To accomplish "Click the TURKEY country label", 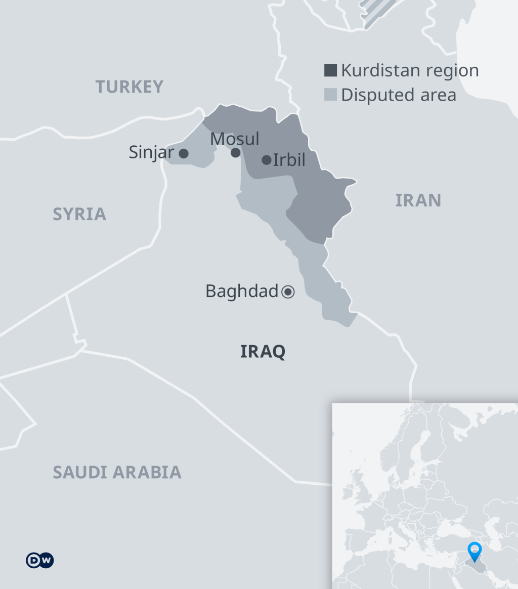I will pos(129,87).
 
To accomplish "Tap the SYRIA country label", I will pos(79,214).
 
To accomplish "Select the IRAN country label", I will pos(418,201).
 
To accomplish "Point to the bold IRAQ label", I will pos(263,351).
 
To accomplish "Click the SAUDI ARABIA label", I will pos(117,472).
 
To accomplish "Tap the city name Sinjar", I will pos(151,152).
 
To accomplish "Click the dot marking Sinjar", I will pos(184,153).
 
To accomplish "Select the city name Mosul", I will pos(235,139).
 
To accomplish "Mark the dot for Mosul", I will pos(236,152).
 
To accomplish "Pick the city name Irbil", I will pos(289,160).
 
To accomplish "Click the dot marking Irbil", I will pos(267,160).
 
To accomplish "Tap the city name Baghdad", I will pos(242,291).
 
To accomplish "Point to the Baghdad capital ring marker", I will pos(288,291).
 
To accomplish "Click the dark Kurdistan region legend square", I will pos(330,70).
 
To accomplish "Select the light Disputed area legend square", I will pos(330,95).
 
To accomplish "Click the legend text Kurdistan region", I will pos(410,70).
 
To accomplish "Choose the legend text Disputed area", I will pos(399,95).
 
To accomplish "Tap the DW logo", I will pos(40,560).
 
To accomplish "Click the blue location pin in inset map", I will pos(474,551).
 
